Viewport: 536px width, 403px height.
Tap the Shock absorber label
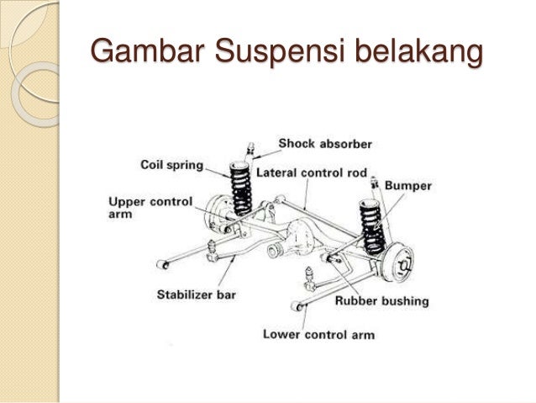[324, 144]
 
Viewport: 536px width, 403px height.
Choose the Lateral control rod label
[312, 173]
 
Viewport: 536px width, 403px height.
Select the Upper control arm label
[150, 208]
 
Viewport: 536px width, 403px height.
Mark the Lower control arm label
[318, 334]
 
